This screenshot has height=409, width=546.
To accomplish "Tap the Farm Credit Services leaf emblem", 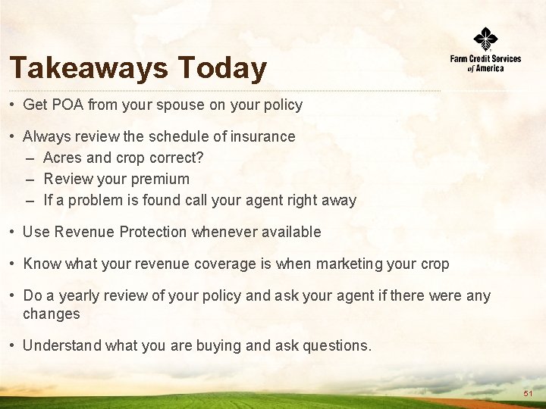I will pyautogui.click(x=485, y=39).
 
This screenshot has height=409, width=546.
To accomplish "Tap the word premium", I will pyautogui.click(x=161, y=179).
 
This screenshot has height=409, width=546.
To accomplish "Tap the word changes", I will pyautogui.click(x=52, y=314).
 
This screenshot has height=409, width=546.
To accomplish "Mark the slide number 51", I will pyautogui.click(x=528, y=395).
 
